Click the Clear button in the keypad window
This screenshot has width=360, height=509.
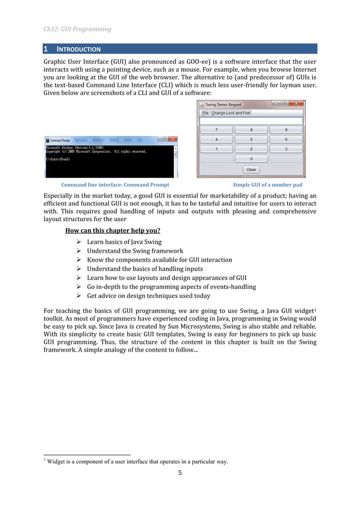pyautogui.click(x=251, y=169)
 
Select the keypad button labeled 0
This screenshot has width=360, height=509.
pyautogui.click(x=251, y=159)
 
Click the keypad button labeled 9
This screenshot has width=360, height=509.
pyautogui.click(x=286, y=130)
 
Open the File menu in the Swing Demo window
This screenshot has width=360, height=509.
pyautogui.click(x=205, y=113)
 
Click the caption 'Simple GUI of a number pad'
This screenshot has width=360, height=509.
pyautogui.click(x=267, y=185)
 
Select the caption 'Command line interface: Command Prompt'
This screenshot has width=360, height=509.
pyautogui.click(x=115, y=185)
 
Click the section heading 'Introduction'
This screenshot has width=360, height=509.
pyautogui.click(x=79, y=49)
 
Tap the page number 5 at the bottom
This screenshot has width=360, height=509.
pyautogui.click(x=180, y=473)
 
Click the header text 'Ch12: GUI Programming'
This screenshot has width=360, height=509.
pyautogui.click(x=77, y=29)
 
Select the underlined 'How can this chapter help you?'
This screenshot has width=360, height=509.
pyautogui.click(x=112, y=230)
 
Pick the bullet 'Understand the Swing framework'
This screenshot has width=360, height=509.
pyautogui.click(x=134, y=251)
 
